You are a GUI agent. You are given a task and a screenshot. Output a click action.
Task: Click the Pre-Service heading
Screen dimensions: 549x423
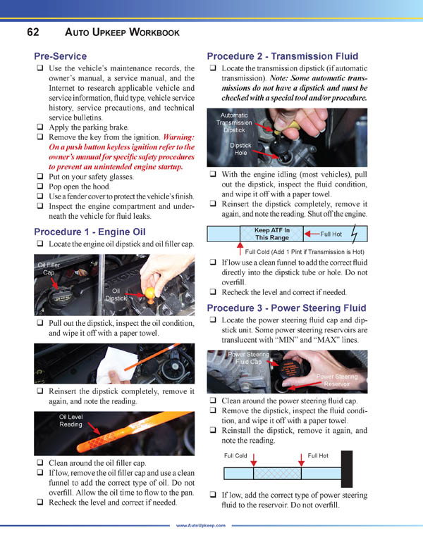point(61,56)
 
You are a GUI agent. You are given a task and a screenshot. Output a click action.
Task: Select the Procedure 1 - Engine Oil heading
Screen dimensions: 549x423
point(90,232)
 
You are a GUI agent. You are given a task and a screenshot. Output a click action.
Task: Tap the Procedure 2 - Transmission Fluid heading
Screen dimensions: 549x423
point(283,56)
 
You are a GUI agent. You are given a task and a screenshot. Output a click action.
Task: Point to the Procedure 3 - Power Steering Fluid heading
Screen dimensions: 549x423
point(287,307)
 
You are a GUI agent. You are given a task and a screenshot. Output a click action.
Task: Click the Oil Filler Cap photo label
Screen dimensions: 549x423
point(49,268)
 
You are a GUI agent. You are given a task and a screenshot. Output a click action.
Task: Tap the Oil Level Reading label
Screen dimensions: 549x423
point(70,420)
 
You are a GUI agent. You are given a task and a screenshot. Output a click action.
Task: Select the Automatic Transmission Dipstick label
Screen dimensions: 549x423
point(234,122)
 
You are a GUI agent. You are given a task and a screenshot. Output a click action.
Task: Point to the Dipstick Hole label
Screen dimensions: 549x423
point(240,148)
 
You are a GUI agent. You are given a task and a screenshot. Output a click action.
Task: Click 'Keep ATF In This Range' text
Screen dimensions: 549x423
point(271,234)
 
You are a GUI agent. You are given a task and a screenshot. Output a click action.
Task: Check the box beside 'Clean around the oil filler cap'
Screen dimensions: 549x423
point(39,463)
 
